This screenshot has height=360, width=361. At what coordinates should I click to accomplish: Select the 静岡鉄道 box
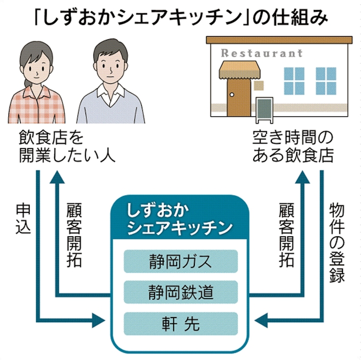(180, 292)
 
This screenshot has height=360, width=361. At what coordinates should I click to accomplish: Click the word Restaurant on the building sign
(261, 53)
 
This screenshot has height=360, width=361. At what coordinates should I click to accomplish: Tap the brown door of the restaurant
(234, 95)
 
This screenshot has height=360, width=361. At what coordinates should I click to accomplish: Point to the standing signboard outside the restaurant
(264, 109)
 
